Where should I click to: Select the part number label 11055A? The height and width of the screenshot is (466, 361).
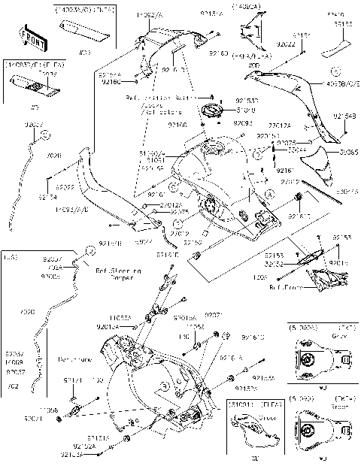point(122,319)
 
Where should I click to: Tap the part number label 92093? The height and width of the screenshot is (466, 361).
point(242,123)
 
